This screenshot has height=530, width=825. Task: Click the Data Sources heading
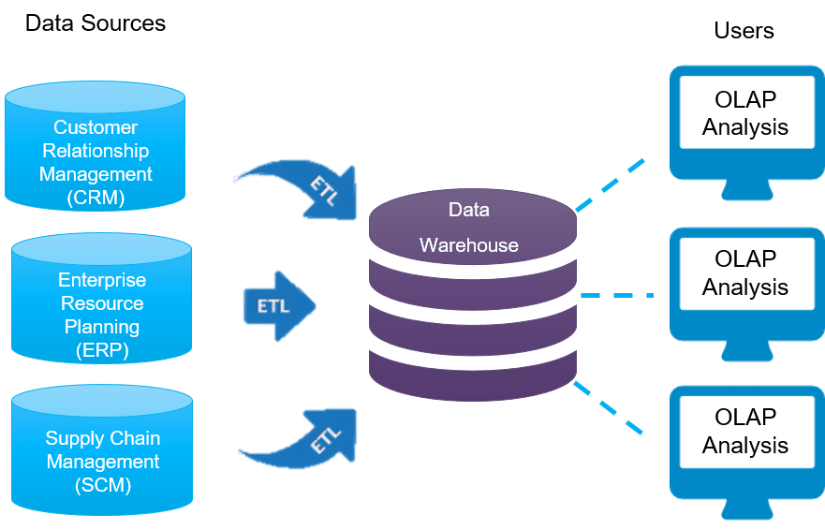(x=96, y=23)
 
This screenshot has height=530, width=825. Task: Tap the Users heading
(x=744, y=31)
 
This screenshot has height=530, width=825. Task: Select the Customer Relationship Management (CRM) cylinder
(x=96, y=145)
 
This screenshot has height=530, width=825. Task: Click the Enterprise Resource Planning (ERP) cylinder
(x=101, y=298)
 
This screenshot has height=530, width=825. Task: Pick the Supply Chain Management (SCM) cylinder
(x=102, y=449)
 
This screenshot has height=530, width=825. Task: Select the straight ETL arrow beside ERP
(x=279, y=306)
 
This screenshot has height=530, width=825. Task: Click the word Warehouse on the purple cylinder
(x=469, y=245)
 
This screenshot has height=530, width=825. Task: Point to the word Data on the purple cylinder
(x=469, y=210)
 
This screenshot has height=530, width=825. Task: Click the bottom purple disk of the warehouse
(x=473, y=375)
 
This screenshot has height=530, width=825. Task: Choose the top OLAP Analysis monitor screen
(x=747, y=112)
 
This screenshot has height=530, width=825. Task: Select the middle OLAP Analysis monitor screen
(x=747, y=273)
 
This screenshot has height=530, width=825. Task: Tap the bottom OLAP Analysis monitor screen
(x=747, y=432)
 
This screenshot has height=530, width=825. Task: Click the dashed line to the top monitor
(x=611, y=184)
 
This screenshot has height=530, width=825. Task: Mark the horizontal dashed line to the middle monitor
(x=617, y=295)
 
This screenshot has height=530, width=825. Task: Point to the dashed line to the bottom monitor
(x=609, y=408)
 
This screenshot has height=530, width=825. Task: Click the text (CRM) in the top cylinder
(x=96, y=198)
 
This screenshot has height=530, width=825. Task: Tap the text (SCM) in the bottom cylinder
(x=103, y=485)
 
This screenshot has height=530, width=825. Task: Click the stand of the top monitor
(x=747, y=189)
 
